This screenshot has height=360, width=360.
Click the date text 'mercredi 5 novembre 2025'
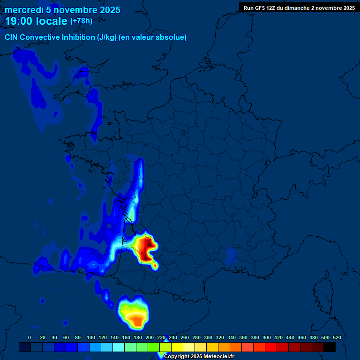(62, 10)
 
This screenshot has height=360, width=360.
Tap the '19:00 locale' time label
(37, 21)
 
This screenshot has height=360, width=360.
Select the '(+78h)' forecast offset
(81, 21)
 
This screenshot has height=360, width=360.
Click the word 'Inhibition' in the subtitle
(78, 37)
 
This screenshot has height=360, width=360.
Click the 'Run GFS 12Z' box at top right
(299, 7)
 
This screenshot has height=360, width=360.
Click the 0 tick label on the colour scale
(30, 337)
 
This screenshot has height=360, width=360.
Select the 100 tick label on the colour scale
(90, 337)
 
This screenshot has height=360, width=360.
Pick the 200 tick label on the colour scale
(149, 337)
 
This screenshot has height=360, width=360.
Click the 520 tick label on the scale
(337, 337)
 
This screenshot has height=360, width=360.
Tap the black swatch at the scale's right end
(330, 347)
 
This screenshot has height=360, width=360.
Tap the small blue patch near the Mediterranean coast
(231, 256)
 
